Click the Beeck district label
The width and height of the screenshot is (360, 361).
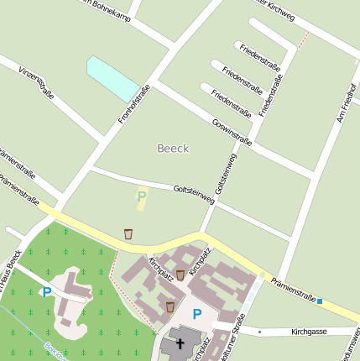click(x=173, y=149)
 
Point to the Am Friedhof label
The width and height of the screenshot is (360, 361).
click(x=346, y=102)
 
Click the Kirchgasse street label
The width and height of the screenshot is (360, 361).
click(x=308, y=332)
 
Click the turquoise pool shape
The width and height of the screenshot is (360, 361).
click(x=112, y=79)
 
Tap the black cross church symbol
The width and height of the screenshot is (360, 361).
click(x=178, y=344)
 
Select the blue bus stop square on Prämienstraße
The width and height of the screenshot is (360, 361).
click(x=320, y=301)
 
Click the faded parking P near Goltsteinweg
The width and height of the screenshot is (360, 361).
click(x=141, y=197)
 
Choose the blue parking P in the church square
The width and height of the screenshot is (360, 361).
click(x=197, y=314)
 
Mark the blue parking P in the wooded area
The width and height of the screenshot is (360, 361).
click(x=46, y=292)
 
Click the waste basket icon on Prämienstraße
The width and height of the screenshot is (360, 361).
click(x=128, y=233)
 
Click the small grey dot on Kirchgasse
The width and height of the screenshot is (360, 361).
click(x=260, y=332)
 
